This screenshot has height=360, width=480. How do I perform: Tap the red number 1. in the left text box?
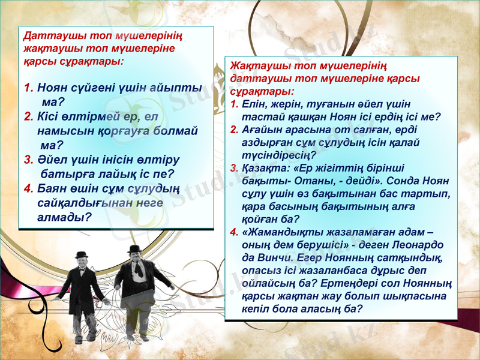pyautogui.click(x=29, y=88)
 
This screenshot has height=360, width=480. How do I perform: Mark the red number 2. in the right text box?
pyautogui.click(x=235, y=129)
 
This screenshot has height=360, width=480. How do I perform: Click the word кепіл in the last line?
pyautogui.click(x=257, y=309)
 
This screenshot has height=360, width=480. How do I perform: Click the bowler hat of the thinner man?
pyautogui.click(x=82, y=254)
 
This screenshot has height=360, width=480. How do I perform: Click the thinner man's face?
pyautogui.click(x=82, y=263)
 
